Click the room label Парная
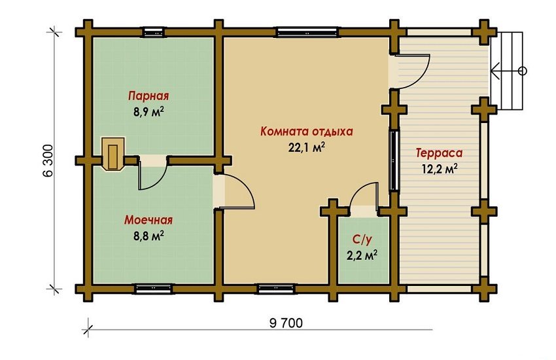pos(148,96)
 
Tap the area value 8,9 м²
pos(148,112)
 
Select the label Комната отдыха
pos(307,132)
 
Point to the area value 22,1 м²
pos(307,147)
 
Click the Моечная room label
pos(148,220)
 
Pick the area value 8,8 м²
pos(148,236)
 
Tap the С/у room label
pos(362,240)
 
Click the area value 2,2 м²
pos(362,255)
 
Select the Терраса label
pos(440,153)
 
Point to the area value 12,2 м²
pos(440,168)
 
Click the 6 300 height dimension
pos(48,160)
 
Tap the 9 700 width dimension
pos(286,323)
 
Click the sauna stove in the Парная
pos(113,154)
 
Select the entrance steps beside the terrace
pos(508,71)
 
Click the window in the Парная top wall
pos(154,32)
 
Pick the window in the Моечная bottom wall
pos(154,289)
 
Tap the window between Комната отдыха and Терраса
pos(394,160)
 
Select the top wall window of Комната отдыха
pos(307,32)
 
